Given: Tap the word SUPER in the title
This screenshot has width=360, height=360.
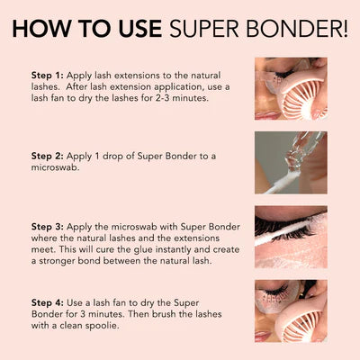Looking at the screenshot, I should (x=204, y=27).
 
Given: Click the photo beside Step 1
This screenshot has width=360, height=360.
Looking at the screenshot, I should (x=291, y=89).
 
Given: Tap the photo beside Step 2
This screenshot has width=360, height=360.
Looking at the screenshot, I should (x=291, y=163).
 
